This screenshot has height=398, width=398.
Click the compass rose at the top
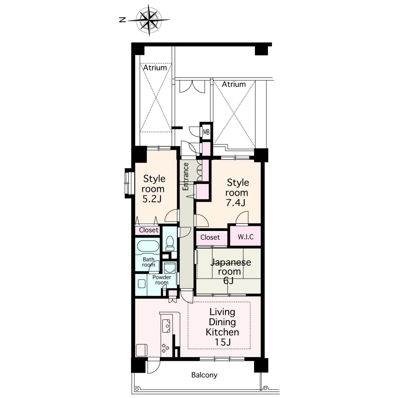coord(149,20)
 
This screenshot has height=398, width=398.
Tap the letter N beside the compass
coord(123,20)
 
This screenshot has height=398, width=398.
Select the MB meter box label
coord(206,132)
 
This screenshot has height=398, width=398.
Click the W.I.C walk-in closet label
coord(246,237)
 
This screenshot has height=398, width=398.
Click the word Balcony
coord(204,375)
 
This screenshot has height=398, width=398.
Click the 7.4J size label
coord(236,203)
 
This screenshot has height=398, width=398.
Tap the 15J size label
coord(223,342)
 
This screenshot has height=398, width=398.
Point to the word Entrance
coord(186,177)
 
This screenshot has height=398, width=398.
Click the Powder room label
coord(162,280)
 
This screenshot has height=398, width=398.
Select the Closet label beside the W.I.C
coord(210,237)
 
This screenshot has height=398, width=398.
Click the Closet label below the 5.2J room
coord(149,230)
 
